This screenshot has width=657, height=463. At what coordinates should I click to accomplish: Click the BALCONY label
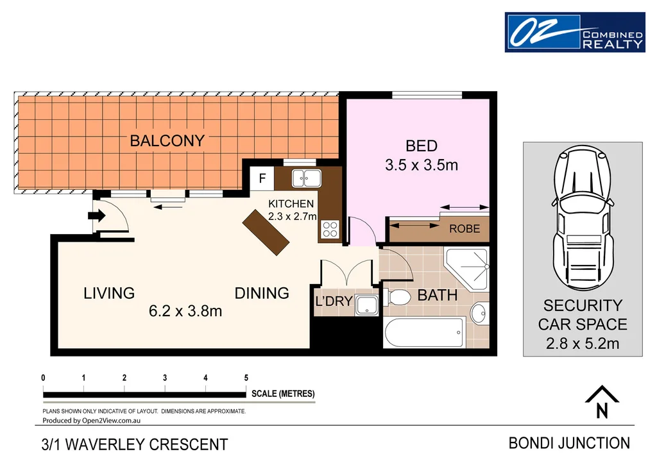point(167,141)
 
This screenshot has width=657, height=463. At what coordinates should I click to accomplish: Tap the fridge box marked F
point(262,179)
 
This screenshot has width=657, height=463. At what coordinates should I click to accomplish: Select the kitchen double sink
point(306,178)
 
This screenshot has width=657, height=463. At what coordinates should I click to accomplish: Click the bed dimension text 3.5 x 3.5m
point(422,165)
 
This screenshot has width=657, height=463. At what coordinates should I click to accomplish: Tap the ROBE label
point(464,228)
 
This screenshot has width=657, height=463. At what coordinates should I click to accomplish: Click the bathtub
point(424,332)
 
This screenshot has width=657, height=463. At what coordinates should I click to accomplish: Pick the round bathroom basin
point(478,314)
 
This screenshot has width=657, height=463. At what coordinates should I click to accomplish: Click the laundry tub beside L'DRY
point(368,306)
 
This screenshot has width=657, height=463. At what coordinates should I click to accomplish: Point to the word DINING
point(262,293)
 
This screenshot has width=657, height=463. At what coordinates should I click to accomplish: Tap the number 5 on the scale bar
point(246,378)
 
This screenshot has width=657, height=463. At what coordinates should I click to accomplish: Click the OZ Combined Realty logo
point(574,32)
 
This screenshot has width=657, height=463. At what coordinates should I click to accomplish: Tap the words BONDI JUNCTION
point(568,442)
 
